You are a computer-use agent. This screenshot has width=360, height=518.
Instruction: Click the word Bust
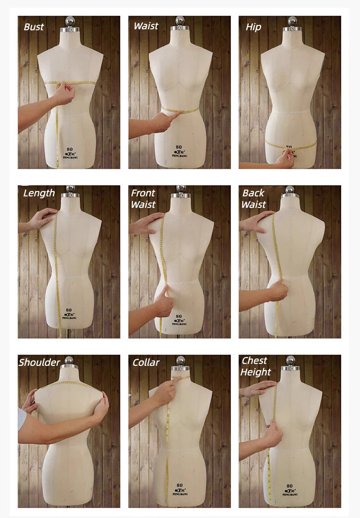click(34, 27)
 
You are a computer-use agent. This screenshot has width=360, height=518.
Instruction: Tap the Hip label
click(253, 27)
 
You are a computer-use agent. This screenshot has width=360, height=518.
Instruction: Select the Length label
click(39, 193)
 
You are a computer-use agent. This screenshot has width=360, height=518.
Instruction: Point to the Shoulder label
click(39, 362)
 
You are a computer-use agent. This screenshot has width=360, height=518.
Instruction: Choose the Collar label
click(146, 362)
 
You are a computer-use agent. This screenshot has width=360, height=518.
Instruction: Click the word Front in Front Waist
click(143, 193)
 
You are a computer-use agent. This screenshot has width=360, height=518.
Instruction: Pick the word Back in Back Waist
click(253, 193)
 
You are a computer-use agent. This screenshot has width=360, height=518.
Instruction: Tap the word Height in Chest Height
click(256, 372)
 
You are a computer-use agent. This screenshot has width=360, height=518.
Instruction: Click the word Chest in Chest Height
click(254, 361)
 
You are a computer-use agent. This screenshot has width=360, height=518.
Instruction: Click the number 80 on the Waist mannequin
click(179, 147)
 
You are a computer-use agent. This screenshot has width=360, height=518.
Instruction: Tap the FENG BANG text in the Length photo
click(69, 317)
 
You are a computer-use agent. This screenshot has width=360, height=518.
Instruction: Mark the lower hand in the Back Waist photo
click(277, 290)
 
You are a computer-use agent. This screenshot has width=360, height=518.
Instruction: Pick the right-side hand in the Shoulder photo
click(101, 406)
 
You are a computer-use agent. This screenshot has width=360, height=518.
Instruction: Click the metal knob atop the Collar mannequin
click(180, 361)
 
